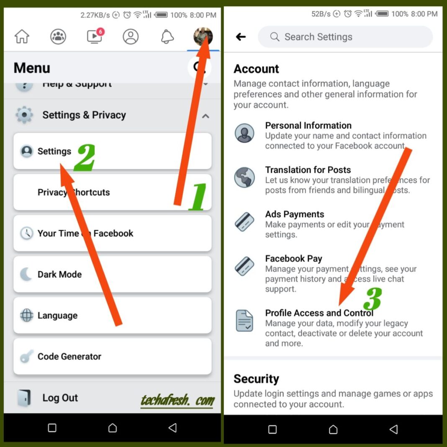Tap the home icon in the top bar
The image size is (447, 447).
(x=22, y=37)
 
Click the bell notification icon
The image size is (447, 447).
(x=167, y=37)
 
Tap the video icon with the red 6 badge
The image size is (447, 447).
(x=95, y=37)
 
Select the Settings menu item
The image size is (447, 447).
(x=54, y=152)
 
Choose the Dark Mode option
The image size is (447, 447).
(x=59, y=275)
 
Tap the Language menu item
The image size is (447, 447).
(x=57, y=316)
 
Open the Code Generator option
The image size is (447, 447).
(x=69, y=357)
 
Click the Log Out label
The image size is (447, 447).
(x=60, y=398)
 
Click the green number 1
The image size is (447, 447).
(x=198, y=197)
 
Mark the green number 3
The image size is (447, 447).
(x=372, y=299)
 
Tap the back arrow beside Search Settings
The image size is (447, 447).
(x=241, y=37)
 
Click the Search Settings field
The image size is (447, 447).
(x=345, y=37)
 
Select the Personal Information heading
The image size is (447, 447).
(x=308, y=126)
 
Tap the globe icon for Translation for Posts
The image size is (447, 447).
(x=244, y=177)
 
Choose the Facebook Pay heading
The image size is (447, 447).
(x=293, y=259)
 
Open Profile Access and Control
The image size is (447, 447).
(x=319, y=313)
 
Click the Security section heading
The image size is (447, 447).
(x=256, y=379)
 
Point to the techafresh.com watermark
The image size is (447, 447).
(x=177, y=401)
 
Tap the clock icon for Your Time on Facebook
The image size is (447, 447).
(x=26, y=234)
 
